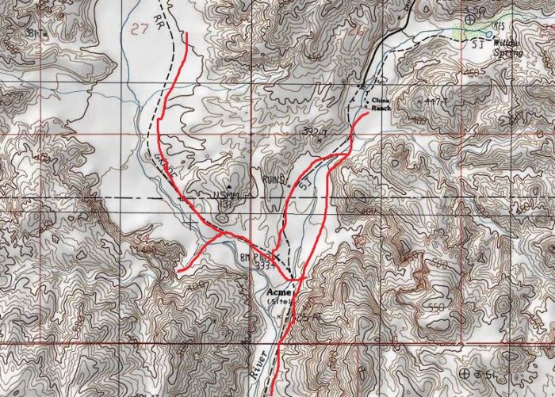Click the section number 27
(x=141, y=29)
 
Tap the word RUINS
(x=271, y=181)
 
